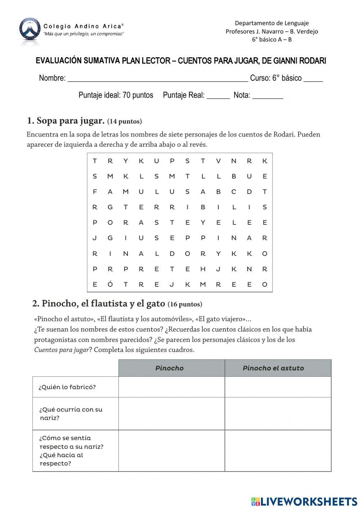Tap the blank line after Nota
pos(267,97)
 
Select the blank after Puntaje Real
pos(218,97)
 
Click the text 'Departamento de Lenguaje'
pos(272,23)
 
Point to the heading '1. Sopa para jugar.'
pos(66,121)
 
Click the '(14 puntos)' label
pos(125,121)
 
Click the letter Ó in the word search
pos(110,284)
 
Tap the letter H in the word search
pos(203,269)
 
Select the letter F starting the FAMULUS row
pos(95,192)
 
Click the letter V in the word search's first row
pos(218,161)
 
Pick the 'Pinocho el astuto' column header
pos(273,368)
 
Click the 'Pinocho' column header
pos(170,368)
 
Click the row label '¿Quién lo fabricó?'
pos(67,387)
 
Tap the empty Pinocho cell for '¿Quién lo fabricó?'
pos(171,387)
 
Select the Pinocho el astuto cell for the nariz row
pos(278,414)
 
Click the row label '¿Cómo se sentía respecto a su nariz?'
pos(71,450)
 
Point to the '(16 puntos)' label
pos(185,304)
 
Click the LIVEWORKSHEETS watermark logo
pos(304,501)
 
